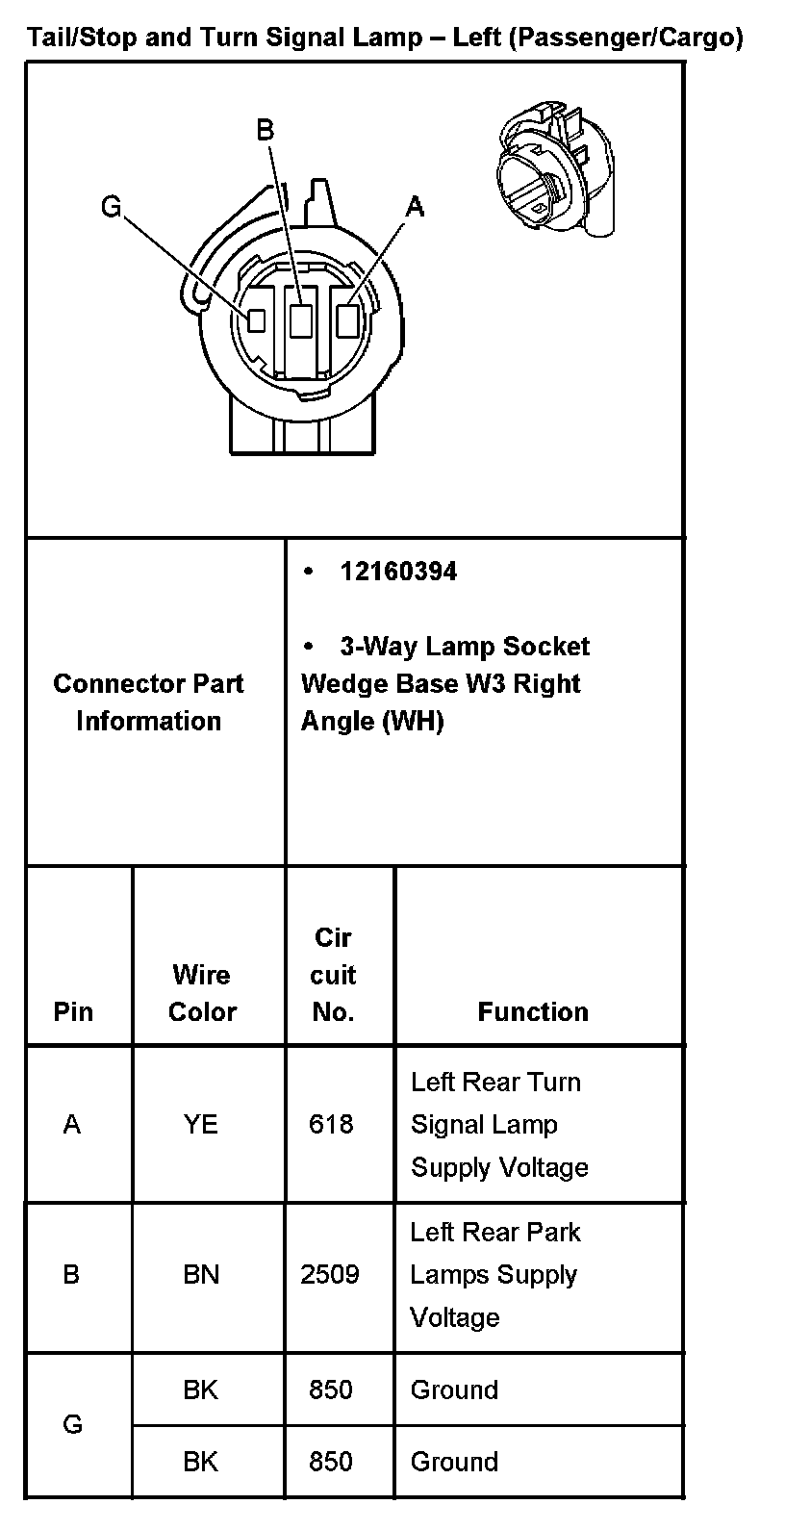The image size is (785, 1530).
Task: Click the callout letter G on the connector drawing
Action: tap(112, 207)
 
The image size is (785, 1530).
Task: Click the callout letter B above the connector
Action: tap(266, 131)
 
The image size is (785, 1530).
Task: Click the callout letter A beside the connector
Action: tap(415, 207)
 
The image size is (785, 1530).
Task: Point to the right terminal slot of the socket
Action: tap(347, 319)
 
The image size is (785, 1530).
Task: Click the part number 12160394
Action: tap(398, 572)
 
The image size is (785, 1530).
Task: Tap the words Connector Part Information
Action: tap(148, 702)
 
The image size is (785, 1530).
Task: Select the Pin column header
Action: tap(73, 1012)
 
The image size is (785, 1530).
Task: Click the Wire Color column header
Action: tap(202, 993)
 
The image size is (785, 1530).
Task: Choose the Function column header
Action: tap(533, 1012)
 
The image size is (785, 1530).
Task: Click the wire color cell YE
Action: tap(201, 1124)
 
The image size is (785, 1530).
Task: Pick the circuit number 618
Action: tap(331, 1124)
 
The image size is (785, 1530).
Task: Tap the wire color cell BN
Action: tap(201, 1275)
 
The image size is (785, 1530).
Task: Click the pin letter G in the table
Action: tap(72, 1425)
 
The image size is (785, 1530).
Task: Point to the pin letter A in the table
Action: tap(72, 1124)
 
